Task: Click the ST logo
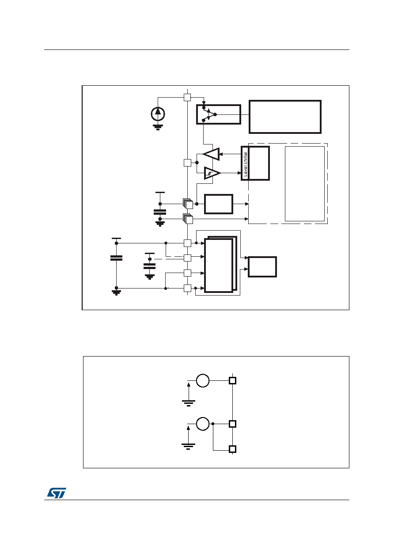57,493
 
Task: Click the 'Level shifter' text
245,163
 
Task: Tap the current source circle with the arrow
158,114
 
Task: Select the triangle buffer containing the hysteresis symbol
212,173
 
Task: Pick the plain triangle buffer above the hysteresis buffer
212,154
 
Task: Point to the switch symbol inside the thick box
209,114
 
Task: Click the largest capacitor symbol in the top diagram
116,258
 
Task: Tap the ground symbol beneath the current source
158,127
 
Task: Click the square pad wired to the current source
187,97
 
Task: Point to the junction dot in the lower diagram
213,424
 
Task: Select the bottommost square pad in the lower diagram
232,449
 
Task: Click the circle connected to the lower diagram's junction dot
203,424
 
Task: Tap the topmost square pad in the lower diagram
232,381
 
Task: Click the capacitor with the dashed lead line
149,266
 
